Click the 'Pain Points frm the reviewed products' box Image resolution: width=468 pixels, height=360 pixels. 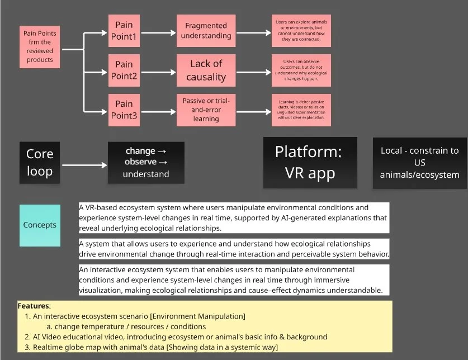(x=40, y=47)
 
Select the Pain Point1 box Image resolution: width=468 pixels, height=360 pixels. (x=124, y=31)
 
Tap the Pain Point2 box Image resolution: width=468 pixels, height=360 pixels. (x=124, y=70)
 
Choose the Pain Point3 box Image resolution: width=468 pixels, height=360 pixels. (x=124, y=110)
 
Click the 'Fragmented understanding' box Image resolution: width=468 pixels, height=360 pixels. (x=206, y=31)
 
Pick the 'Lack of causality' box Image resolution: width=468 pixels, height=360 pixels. (x=206, y=70)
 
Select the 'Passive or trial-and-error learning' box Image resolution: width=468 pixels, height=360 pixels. (x=206, y=110)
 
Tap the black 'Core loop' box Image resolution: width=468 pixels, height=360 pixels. (x=40, y=162)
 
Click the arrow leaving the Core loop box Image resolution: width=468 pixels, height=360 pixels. (x=84, y=165)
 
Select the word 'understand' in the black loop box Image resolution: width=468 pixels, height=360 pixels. (x=146, y=174)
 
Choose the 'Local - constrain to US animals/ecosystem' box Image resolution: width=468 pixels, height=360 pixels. (x=419, y=162)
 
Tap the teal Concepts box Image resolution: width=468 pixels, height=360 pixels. (x=40, y=225)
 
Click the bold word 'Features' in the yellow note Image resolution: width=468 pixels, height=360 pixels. (x=34, y=306)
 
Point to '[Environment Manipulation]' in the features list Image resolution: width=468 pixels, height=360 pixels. (x=199, y=316)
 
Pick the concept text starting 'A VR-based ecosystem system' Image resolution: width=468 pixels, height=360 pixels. (x=233, y=218)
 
